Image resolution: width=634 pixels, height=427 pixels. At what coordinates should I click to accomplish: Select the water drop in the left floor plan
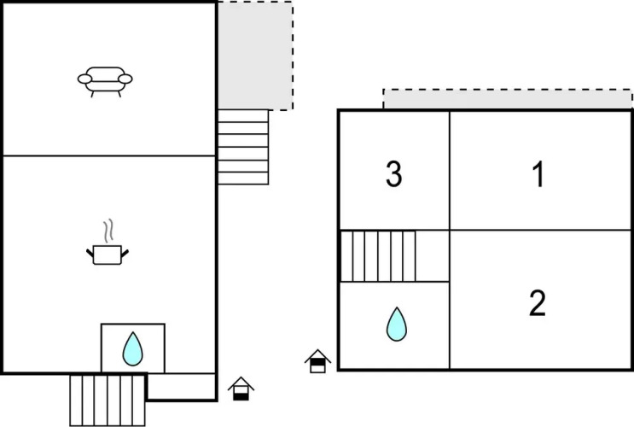click(131, 348)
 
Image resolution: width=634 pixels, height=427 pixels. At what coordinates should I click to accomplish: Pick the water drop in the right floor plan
click(396, 325)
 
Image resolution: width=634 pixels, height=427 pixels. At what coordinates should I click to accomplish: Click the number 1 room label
click(538, 174)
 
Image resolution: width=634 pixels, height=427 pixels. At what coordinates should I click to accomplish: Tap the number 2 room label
click(538, 303)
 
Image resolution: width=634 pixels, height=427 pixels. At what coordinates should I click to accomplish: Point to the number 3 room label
click(393, 174)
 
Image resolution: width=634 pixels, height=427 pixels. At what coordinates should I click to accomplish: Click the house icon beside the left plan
click(241, 389)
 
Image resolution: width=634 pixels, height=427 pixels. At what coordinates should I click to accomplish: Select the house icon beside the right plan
click(317, 362)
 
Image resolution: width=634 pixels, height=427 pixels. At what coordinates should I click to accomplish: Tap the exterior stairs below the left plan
click(107, 398)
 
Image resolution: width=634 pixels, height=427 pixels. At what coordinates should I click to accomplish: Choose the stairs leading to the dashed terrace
click(242, 147)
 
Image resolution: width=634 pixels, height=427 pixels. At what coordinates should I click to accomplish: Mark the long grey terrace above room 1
click(507, 98)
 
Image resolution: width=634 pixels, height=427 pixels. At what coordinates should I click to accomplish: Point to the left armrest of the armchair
click(84, 79)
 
